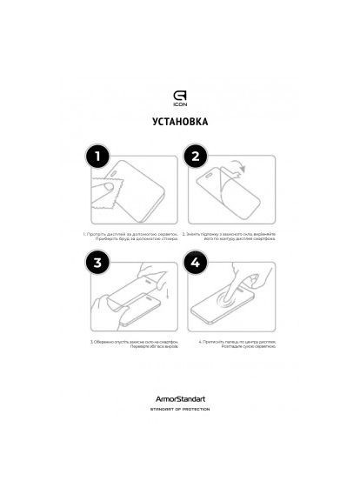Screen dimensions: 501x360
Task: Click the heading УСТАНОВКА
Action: (x=179, y=124)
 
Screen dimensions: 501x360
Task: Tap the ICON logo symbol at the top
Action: (x=179, y=87)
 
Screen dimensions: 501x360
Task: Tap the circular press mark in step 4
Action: (x=229, y=303)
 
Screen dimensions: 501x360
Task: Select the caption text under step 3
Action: (x=130, y=344)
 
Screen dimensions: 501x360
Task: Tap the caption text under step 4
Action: (x=230, y=344)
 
